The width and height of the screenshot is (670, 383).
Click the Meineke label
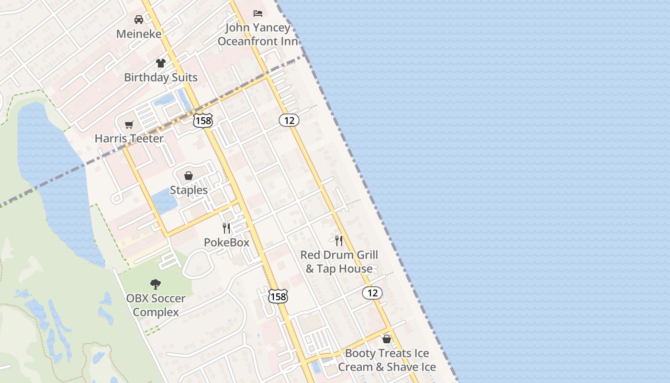(x=139, y=34)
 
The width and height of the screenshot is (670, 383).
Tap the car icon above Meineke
(x=139, y=20)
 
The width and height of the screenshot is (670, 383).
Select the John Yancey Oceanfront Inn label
(x=258, y=34)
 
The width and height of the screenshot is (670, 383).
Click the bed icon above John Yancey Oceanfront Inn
(x=258, y=13)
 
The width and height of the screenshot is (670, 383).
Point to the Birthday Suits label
(x=160, y=78)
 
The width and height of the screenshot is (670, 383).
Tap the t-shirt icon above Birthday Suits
(x=160, y=63)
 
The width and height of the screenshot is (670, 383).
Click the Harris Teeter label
(x=129, y=139)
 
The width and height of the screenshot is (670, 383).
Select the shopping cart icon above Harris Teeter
(x=129, y=124)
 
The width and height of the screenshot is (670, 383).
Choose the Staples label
(x=189, y=190)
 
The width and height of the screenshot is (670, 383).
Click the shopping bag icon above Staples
(x=189, y=176)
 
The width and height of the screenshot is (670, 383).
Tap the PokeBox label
(x=226, y=243)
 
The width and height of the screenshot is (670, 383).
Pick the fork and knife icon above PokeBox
(x=226, y=228)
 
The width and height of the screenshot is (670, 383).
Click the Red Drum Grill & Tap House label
(x=339, y=262)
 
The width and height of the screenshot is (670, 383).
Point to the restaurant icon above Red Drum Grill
(x=339, y=240)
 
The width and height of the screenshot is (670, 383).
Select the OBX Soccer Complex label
(x=156, y=305)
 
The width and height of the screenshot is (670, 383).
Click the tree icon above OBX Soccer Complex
(x=156, y=284)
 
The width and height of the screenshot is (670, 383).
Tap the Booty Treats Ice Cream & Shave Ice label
(x=387, y=360)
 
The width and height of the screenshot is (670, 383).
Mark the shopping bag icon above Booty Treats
(x=387, y=339)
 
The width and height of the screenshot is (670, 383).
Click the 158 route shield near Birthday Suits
(x=203, y=121)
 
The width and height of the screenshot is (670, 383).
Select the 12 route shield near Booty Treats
(x=372, y=293)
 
